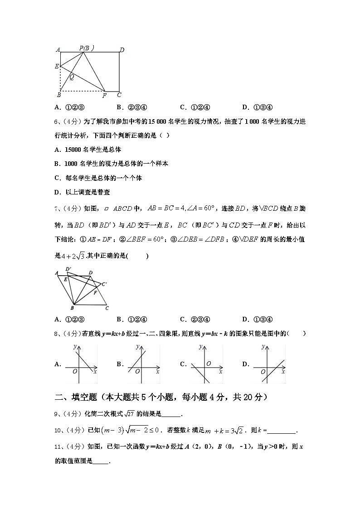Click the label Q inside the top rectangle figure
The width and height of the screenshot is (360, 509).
coord(72,77)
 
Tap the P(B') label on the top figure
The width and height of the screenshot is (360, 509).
coord(86,48)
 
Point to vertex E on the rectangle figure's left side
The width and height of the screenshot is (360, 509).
coord(57,66)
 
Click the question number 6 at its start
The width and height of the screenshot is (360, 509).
coord(56,121)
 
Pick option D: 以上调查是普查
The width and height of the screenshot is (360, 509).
coord(82,192)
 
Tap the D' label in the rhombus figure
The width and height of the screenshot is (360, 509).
coord(68,269)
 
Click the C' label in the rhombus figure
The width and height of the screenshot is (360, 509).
coord(104,284)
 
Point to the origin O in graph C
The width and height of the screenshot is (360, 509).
coord(208,364)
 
